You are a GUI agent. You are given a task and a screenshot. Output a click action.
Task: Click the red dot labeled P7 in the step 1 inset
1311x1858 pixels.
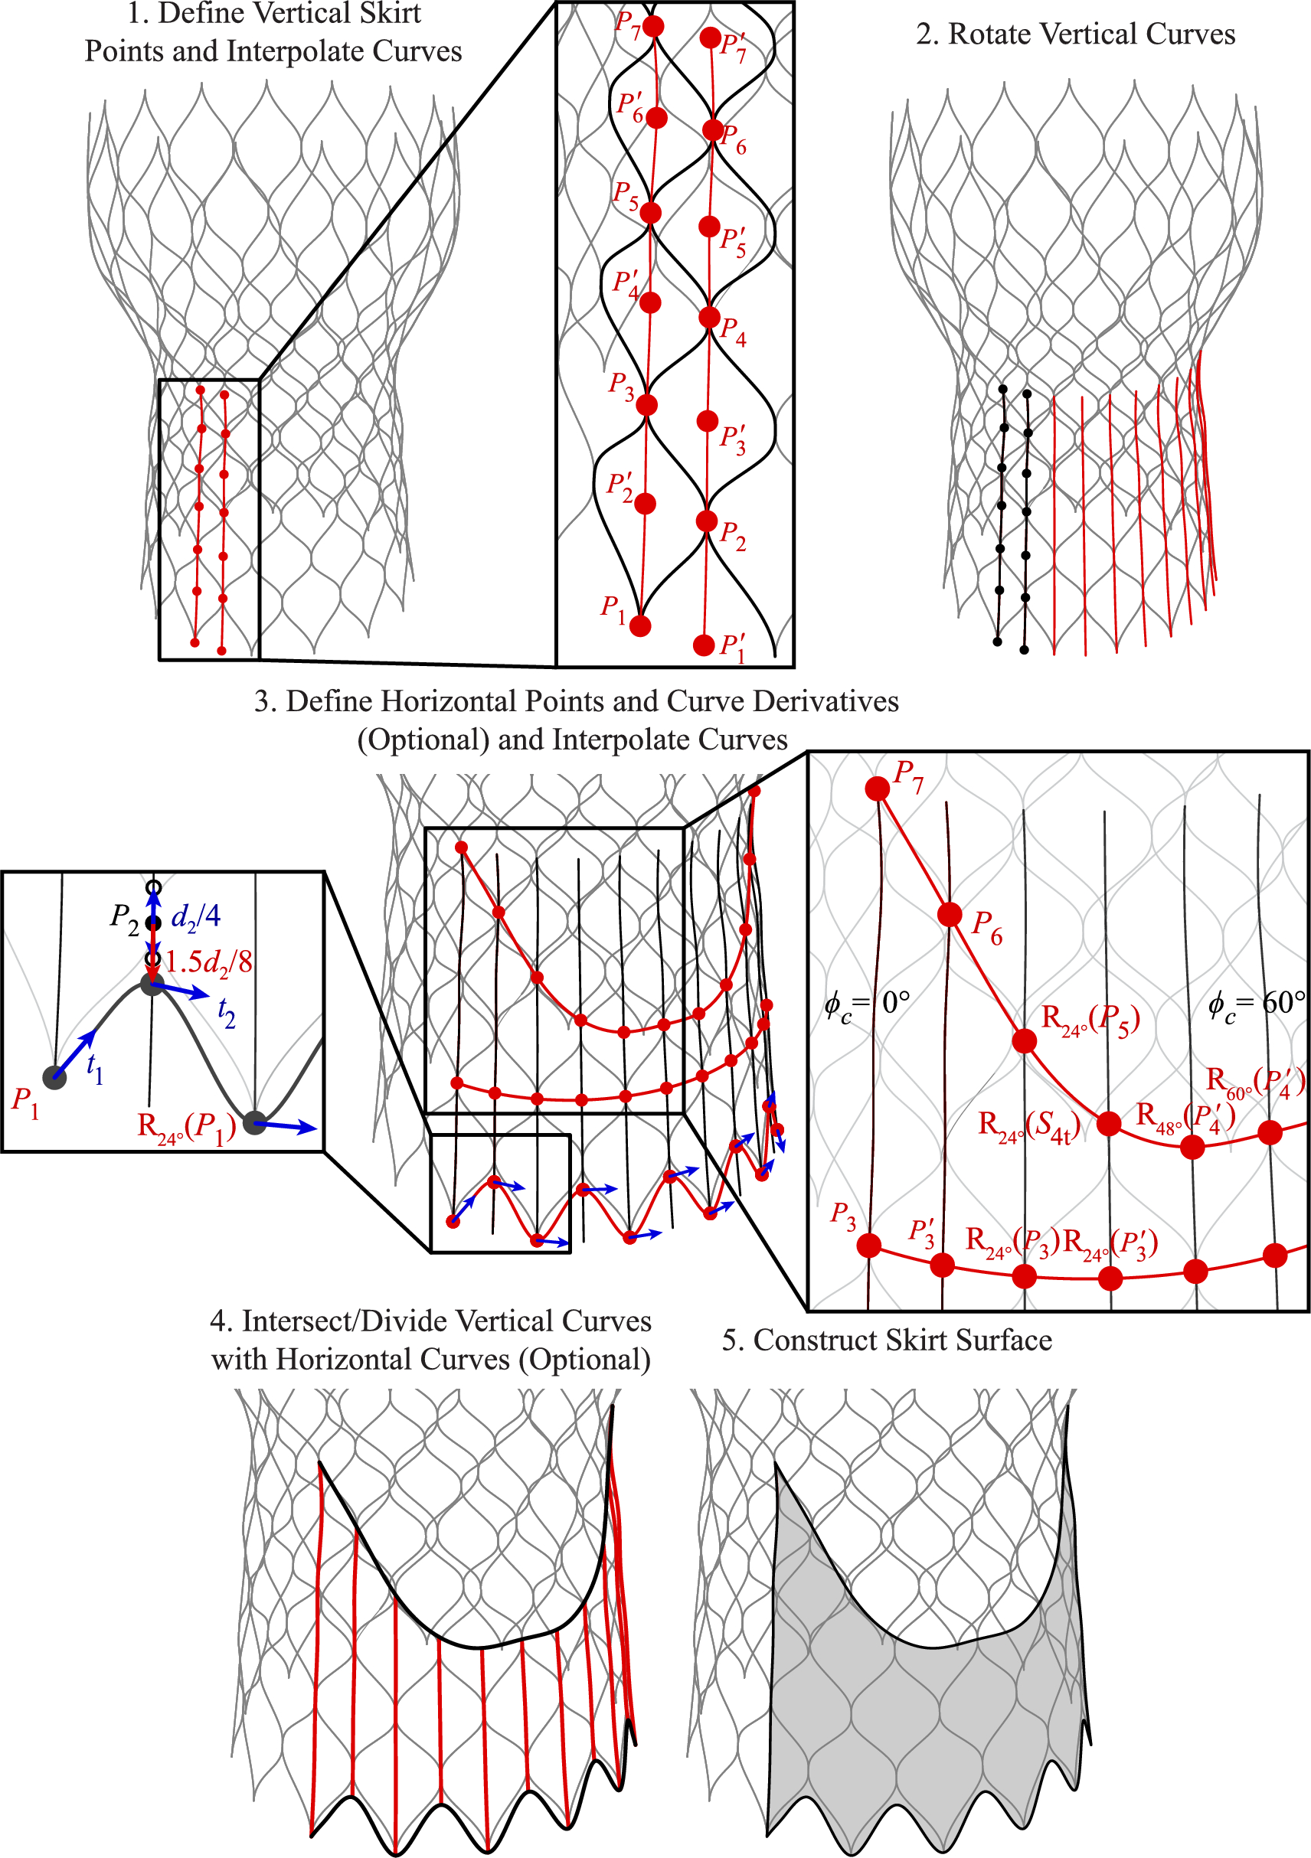coord(653,27)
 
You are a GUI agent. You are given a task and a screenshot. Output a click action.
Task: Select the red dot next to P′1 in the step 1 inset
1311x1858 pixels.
coord(704,645)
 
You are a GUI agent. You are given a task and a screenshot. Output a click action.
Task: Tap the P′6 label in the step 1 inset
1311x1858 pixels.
coord(629,107)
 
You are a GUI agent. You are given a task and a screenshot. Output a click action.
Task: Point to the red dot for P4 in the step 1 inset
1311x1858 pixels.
coord(710,317)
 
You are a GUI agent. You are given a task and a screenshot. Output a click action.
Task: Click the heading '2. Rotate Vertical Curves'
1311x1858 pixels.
coord(1074,34)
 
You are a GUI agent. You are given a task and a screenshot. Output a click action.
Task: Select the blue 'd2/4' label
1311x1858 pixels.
coord(196,916)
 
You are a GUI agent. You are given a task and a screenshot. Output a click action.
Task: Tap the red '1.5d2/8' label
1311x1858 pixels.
coord(209,962)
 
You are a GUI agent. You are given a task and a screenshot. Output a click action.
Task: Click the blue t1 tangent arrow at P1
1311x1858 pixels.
coord(75,1054)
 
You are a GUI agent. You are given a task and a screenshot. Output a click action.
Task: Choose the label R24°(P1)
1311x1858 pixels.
coord(186,1127)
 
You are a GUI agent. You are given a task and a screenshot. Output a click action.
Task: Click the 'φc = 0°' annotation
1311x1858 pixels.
coord(867,1004)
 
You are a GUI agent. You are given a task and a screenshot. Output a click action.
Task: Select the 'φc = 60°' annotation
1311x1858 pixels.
coord(1256,1004)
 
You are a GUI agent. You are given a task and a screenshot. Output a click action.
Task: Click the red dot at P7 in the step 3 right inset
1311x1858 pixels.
coord(878,789)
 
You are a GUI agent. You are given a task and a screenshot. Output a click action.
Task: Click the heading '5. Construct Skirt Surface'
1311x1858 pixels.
coord(887,1340)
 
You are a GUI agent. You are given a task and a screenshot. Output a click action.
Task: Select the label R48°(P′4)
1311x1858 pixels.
coord(1185,1117)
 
